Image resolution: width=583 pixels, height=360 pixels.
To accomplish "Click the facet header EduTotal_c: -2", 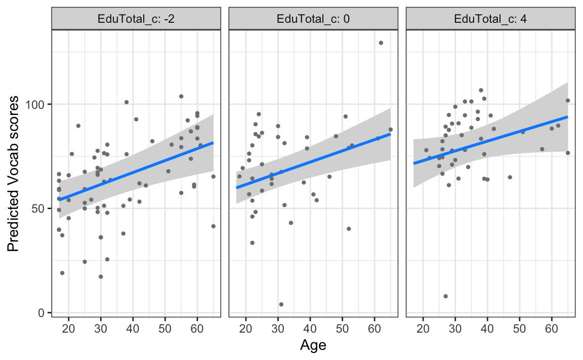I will (136, 20).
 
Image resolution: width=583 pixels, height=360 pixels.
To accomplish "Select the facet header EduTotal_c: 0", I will (313, 20).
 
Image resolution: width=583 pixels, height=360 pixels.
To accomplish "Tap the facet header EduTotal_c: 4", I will (490, 20).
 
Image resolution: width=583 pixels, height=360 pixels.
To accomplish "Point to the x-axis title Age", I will (313, 346).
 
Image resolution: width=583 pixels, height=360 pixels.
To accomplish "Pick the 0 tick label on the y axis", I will (44, 313).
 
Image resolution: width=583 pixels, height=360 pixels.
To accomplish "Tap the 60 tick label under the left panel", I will (197, 328).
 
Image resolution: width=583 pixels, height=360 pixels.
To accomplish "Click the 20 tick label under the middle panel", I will (245, 328).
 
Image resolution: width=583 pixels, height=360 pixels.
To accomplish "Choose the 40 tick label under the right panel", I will (487, 328).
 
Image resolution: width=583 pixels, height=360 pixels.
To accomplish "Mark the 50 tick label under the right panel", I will (519, 328).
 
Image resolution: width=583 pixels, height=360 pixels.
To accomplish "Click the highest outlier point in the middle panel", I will (381, 43).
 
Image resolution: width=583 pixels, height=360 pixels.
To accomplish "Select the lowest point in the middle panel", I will (281, 304).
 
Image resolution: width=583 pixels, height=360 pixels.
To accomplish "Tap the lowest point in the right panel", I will (445, 296).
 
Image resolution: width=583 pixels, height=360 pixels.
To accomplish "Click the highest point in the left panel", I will (181, 96).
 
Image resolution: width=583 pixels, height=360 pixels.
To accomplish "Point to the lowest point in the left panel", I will (101, 276).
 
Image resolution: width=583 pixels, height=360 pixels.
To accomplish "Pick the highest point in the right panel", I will (481, 91).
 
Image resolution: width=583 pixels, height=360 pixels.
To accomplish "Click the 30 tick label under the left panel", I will (101, 328).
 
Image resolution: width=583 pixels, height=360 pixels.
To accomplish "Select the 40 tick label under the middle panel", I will (310, 328).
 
